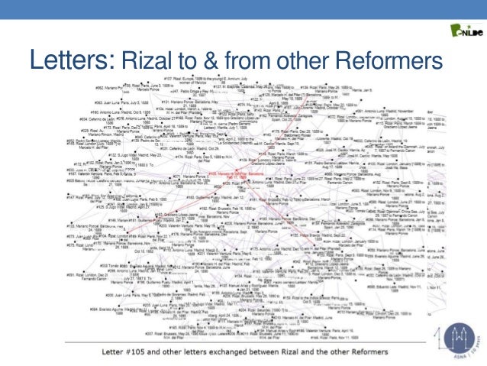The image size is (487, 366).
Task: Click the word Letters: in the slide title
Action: coord(71,59)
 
